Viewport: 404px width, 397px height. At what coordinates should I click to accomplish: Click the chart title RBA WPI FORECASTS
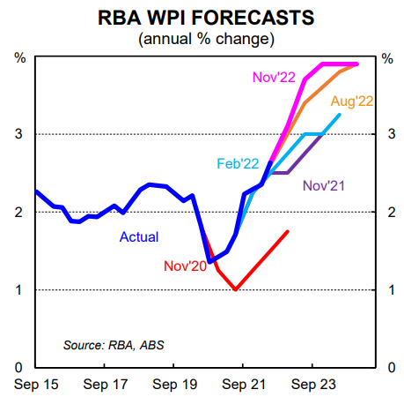click(206, 18)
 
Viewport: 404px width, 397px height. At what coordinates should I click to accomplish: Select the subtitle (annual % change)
click(206, 39)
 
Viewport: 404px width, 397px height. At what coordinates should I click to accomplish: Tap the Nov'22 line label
click(274, 77)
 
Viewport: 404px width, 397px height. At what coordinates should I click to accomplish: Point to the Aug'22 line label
click(352, 101)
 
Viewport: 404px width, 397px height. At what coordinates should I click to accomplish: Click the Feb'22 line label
click(238, 163)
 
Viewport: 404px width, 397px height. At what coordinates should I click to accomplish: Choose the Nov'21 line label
click(324, 185)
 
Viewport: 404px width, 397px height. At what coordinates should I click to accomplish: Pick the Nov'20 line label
click(185, 266)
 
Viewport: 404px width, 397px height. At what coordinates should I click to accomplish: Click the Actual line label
click(139, 236)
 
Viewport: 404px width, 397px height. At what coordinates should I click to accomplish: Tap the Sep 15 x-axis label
click(36, 385)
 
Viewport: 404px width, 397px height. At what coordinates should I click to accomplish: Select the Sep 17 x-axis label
click(106, 385)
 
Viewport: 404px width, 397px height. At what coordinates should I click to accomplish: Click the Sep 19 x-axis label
click(175, 385)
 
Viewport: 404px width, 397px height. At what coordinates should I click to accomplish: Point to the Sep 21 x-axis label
click(244, 385)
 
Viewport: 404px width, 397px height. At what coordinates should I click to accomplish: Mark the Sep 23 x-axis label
click(313, 385)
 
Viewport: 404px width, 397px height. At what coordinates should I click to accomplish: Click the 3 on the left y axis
click(18, 134)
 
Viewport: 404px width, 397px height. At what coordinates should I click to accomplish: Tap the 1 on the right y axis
click(392, 290)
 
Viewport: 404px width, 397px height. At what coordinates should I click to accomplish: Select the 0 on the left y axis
click(18, 367)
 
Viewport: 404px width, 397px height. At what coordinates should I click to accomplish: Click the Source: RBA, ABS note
click(114, 345)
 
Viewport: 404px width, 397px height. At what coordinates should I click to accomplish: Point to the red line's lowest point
click(236, 289)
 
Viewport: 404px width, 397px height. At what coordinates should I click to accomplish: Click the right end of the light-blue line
click(340, 115)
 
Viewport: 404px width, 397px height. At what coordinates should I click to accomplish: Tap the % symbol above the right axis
click(387, 58)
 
